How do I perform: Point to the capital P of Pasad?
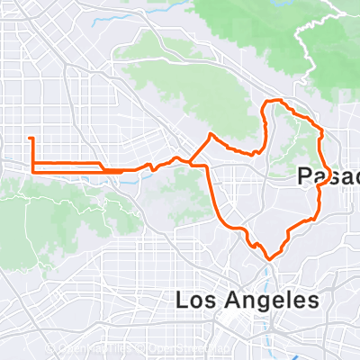pos(304,178)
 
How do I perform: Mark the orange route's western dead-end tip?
pos(31,138)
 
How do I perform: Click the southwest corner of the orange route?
pos(32,169)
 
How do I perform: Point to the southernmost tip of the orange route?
pos(267,257)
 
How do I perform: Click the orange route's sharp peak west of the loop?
pos(211,134)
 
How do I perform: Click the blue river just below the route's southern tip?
pos(269,267)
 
